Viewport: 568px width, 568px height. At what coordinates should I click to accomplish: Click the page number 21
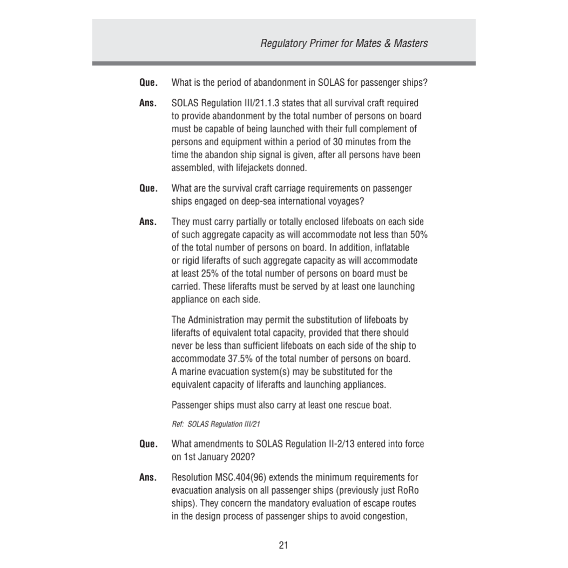pos(283,545)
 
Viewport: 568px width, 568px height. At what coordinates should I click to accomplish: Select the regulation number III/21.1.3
pos(254,103)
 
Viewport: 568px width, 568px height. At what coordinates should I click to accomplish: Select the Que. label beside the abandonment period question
pos(148,84)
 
